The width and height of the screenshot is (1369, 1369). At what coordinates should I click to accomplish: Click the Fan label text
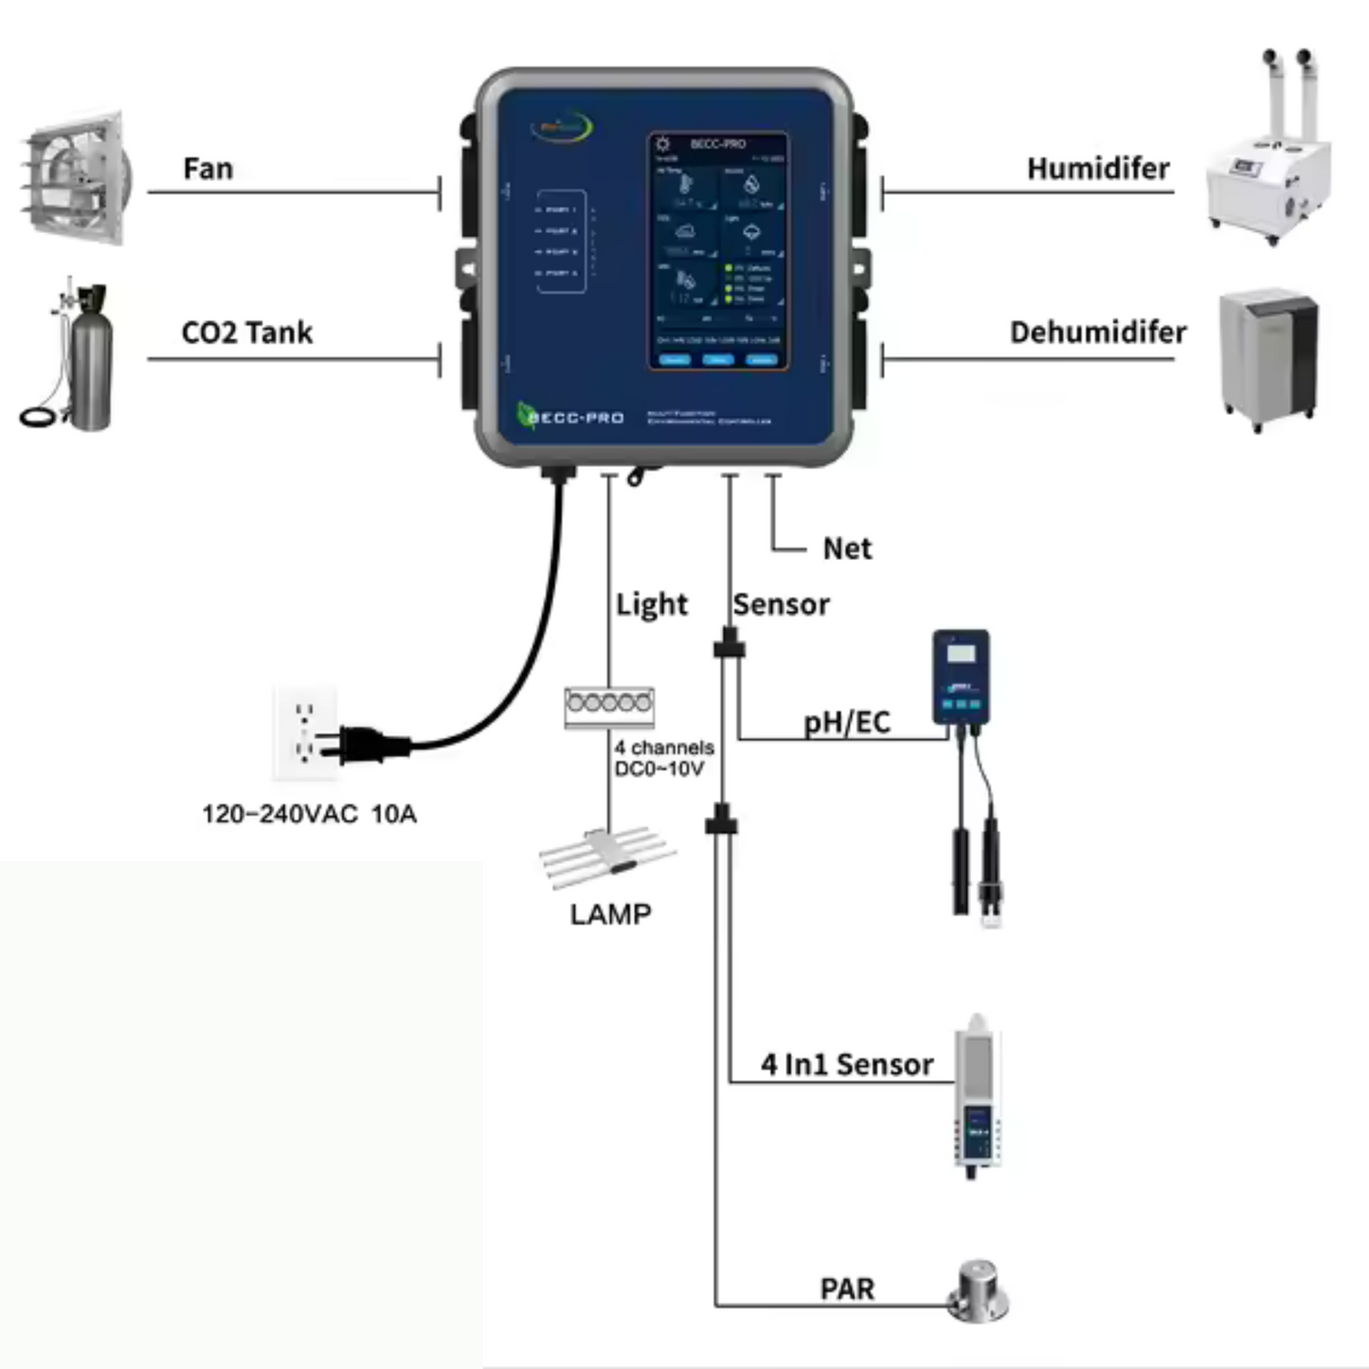click(207, 169)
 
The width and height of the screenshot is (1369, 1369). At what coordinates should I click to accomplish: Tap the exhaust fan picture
click(76, 177)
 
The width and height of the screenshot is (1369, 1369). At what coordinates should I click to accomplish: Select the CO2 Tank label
click(246, 333)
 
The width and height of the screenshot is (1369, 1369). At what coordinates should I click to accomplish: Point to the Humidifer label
click(1097, 169)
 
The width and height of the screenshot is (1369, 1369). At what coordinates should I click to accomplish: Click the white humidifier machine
click(1268, 175)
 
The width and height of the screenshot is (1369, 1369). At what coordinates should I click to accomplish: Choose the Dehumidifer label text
click(1097, 333)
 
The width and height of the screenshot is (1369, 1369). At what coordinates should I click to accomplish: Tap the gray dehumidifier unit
click(1268, 358)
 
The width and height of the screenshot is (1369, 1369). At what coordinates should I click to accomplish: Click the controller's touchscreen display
click(718, 251)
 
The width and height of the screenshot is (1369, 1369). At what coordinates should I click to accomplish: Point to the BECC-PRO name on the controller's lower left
click(573, 418)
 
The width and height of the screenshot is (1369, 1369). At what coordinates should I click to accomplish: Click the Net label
click(847, 549)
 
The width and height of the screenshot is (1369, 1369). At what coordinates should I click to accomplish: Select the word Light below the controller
click(651, 604)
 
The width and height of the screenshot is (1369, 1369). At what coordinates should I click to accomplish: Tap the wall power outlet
click(304, 731)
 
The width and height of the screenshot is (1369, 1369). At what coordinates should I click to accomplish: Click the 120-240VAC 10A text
click(309, 814)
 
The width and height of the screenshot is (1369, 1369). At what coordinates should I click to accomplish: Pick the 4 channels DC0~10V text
click(663, 758)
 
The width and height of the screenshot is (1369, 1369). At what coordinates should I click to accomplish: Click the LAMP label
click(610, 914)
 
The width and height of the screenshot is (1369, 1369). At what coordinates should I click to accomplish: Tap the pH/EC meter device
click(961, 676)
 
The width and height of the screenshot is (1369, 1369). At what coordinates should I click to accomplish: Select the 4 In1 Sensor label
click(846, 1065)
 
